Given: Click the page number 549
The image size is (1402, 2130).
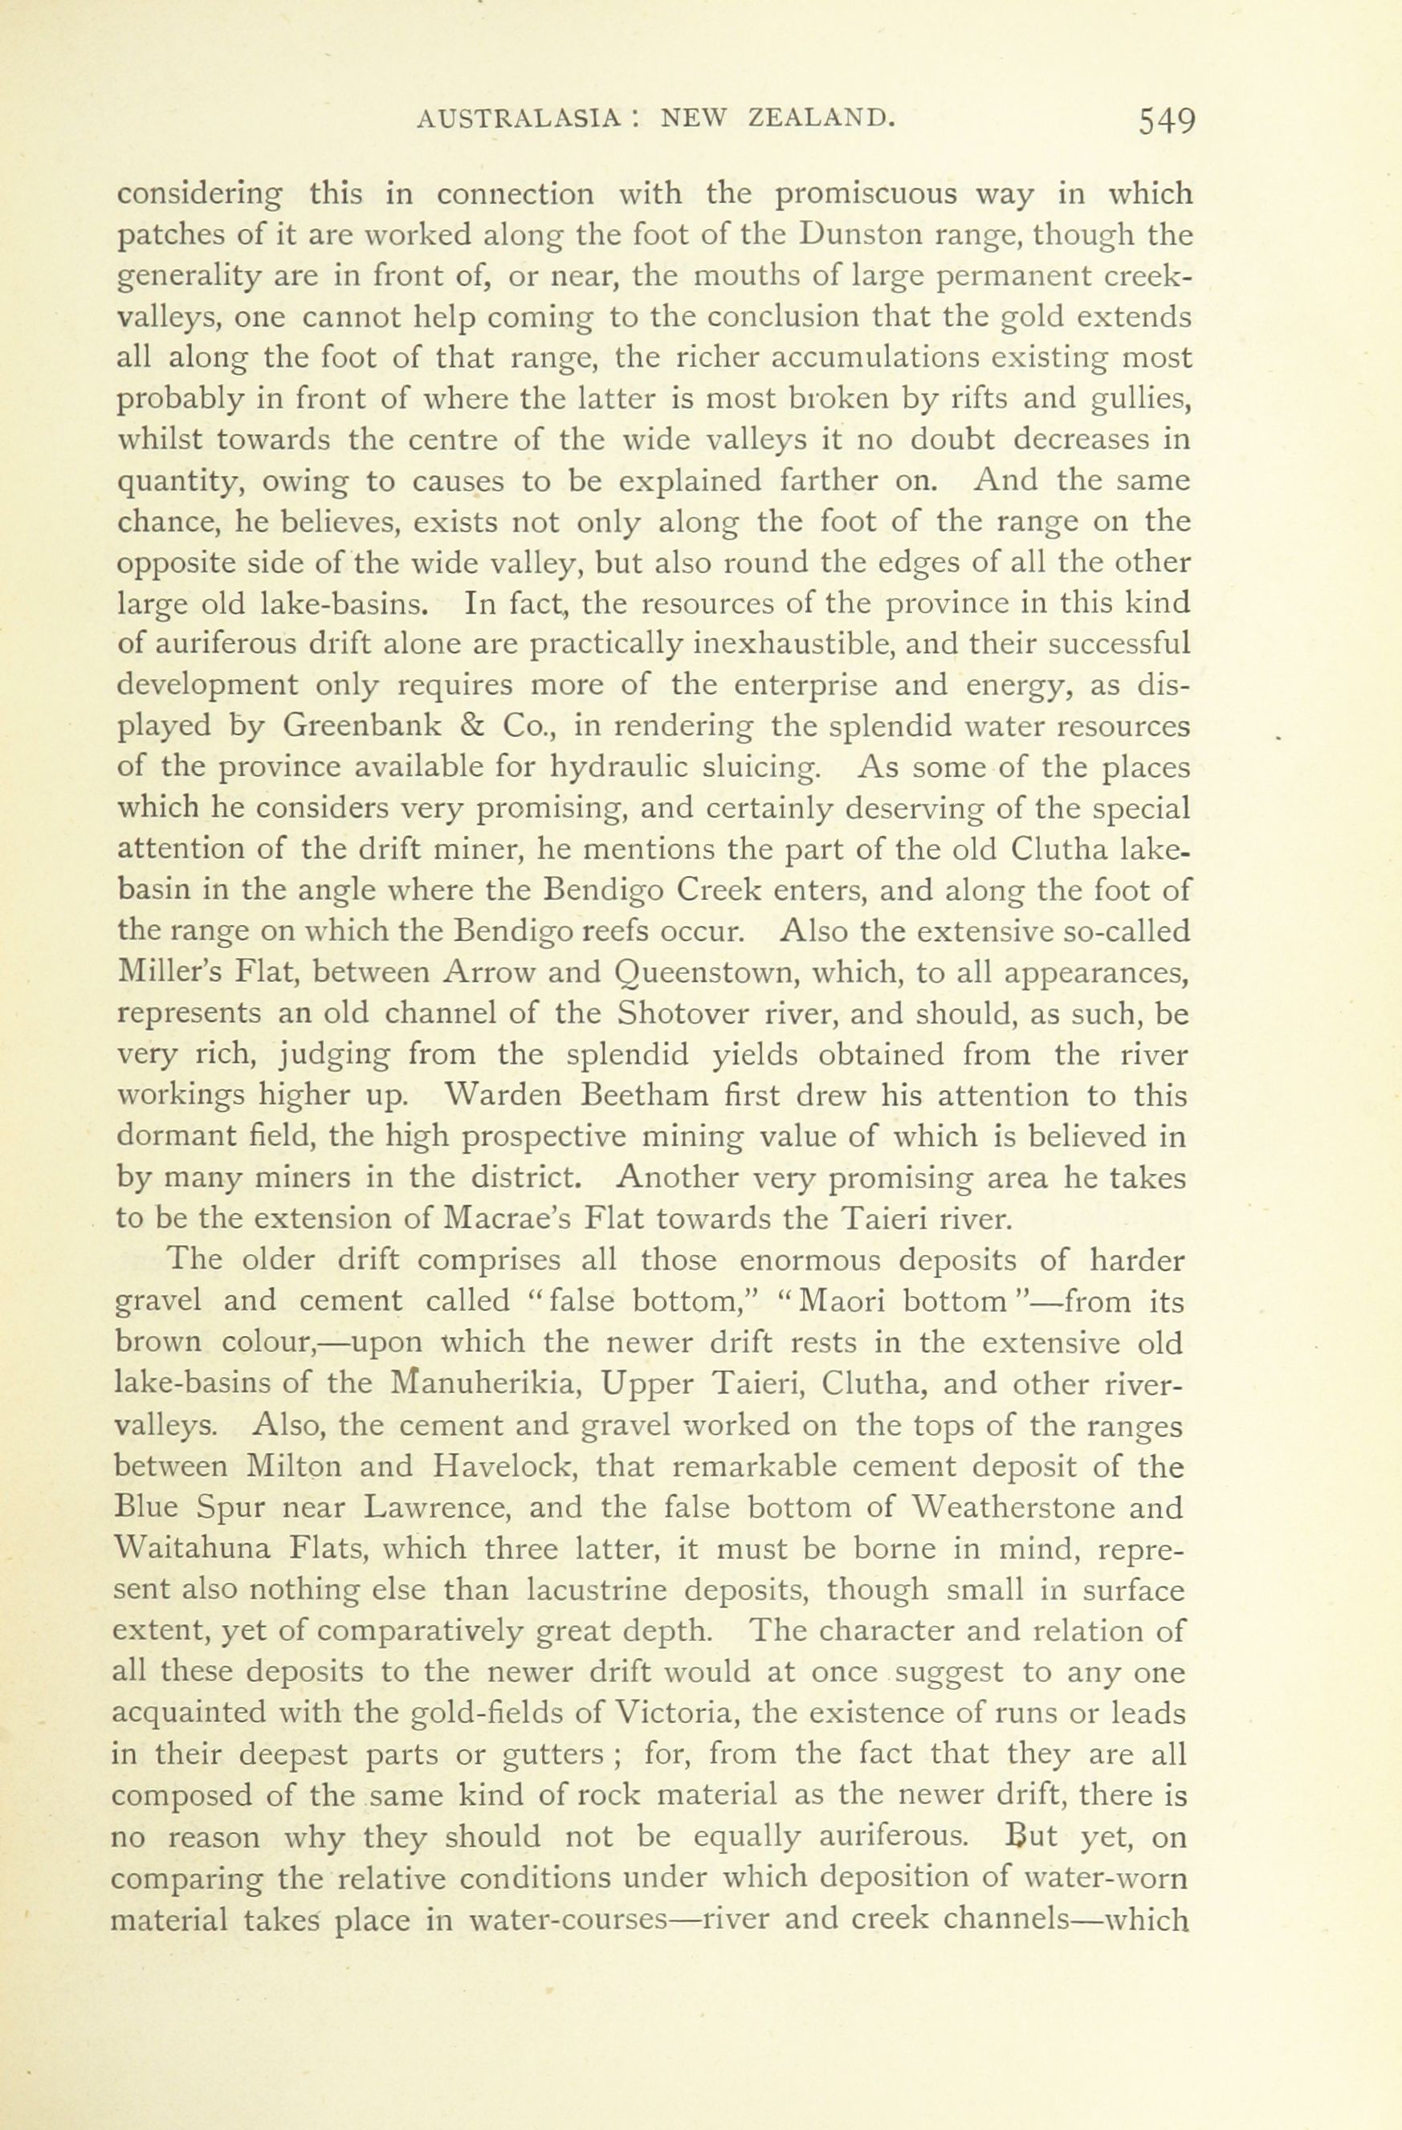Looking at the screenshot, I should pos(1168,120).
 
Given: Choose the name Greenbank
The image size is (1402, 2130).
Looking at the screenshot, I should pos(361,725).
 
